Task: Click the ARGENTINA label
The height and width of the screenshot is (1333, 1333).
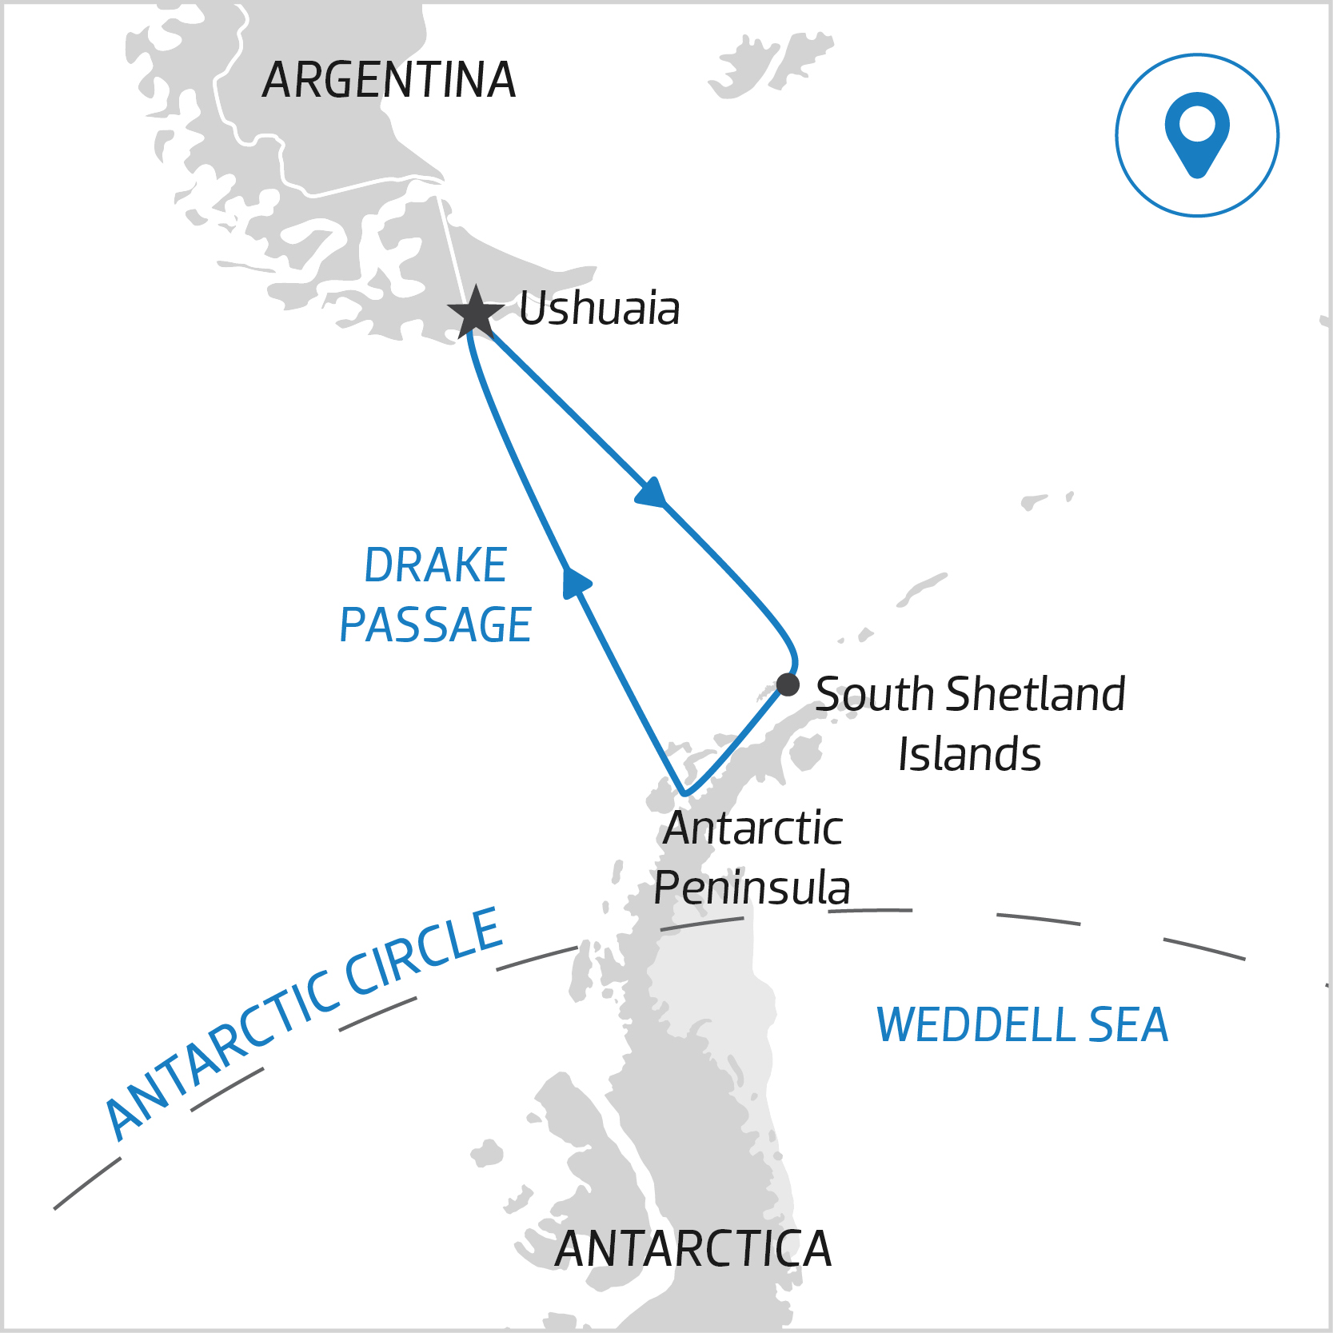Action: pos(389,80)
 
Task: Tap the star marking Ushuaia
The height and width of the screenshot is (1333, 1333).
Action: pos(476,312)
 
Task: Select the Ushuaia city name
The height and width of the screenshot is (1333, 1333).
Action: pos(599,309)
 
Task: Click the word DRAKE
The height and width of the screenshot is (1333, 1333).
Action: pos(435,565)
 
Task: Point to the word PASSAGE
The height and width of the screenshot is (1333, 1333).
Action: pos(435,625)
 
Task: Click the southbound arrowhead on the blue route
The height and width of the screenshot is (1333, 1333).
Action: pos(652,493)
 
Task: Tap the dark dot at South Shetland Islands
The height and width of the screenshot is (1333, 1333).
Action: pos(788,684)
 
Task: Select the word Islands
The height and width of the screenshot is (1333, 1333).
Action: pos(969,754)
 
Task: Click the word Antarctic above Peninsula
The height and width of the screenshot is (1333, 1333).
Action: pos(752,828)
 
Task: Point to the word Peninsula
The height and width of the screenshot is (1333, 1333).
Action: pos(752,888)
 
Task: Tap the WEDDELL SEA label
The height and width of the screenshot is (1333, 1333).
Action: pos(1022,1024)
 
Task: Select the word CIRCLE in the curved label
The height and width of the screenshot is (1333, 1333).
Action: pos(424,952)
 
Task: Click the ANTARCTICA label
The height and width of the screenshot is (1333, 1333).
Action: pos(693,1249)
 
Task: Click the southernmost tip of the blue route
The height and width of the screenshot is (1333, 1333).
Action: pos(684,794)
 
